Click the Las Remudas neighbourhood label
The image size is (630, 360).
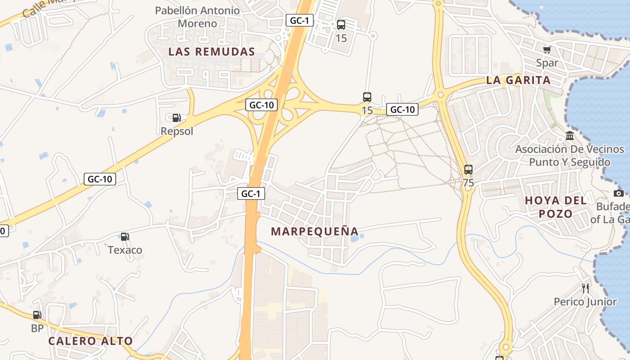211,52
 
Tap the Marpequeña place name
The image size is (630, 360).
315,231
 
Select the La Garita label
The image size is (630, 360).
518,80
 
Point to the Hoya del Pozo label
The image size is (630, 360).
556,207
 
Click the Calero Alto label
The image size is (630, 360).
90,341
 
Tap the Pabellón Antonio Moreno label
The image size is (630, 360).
198,17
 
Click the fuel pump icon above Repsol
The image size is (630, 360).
177,118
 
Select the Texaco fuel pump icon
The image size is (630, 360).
125,236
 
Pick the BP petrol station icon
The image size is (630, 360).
37,315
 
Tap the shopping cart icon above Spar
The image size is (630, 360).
547,50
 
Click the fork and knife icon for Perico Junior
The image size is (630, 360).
585,288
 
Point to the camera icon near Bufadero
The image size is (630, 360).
619,193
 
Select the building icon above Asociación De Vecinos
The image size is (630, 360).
570,135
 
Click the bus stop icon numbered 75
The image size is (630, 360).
468,170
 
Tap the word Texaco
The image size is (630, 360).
125,250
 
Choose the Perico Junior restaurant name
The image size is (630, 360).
585,301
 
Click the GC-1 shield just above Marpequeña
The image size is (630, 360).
251,193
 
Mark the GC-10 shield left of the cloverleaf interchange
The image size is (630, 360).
261,105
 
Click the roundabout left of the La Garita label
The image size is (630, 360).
441,94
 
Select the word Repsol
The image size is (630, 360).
177,131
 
